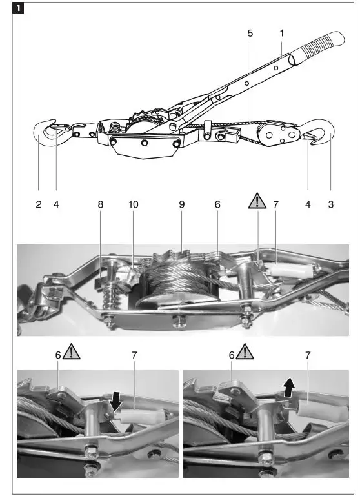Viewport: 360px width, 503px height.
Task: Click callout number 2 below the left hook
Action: click(38, 204)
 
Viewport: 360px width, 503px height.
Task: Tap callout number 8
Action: click(100, 204)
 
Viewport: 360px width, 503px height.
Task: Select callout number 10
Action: click(134, 204)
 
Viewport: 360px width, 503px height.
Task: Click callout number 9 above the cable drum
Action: click(182, 204)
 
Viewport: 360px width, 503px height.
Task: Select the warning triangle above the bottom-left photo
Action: click(71, 352)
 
